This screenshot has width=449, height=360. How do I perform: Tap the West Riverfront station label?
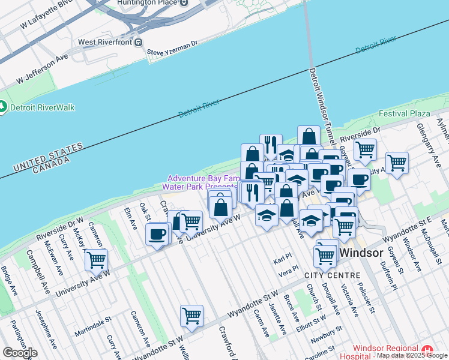(106, 43)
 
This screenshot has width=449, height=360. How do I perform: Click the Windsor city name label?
(361, 253)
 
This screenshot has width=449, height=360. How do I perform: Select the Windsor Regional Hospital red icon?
(427, 349)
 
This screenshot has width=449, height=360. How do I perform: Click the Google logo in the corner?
(20, 353)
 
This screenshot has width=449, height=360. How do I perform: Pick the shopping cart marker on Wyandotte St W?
(191, 316)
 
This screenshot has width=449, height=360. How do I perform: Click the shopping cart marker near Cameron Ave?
(95, 260)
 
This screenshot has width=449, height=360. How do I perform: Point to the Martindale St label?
(93, 329)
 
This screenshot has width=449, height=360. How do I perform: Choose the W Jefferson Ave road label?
(43, 70)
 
